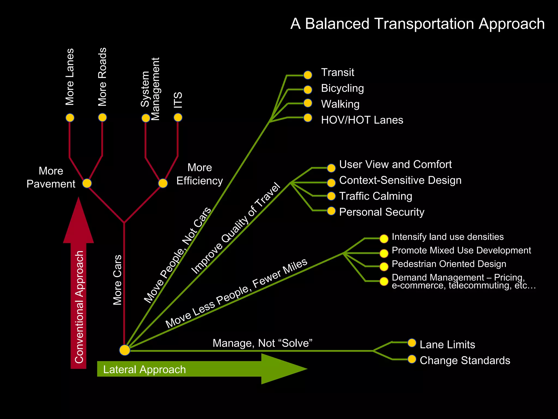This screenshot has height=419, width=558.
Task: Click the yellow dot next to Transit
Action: click(308, 75)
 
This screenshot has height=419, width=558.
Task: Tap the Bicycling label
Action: click(342, 88)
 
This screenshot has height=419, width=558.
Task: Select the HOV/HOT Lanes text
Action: click(362, 120)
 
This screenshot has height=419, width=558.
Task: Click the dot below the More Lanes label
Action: click(70, 118)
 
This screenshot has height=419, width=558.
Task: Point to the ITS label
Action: click(178, 100)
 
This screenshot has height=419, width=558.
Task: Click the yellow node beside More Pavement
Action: click(87, 183)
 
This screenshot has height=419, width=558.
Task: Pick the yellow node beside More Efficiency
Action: click(163, 183)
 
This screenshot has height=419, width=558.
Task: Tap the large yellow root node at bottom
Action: click(125, 350)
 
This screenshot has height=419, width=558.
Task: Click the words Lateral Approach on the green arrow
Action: click(144, 370)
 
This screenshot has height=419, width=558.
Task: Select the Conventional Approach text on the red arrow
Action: click(79, 307)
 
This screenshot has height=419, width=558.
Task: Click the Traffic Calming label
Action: click(375, 196)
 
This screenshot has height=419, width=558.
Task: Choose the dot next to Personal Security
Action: click(331, 211)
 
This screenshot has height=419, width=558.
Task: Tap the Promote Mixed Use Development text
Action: click(461, 250)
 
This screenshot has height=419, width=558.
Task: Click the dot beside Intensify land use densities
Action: click(384, 239)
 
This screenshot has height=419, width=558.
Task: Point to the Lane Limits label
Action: click(447, 345)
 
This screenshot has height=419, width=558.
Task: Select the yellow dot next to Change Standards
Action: click(412, 359)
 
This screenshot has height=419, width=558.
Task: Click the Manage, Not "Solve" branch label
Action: click(262, 343)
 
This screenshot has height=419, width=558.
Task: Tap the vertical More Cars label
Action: click(117, 280)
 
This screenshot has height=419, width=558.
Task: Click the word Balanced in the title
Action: click(337, 24)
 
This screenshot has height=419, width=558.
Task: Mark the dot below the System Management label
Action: click(146, 118)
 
